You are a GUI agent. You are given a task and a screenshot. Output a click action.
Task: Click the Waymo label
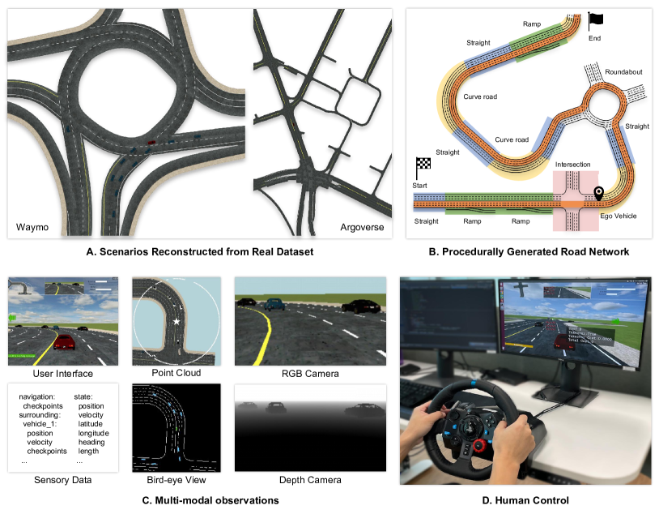point(32,228)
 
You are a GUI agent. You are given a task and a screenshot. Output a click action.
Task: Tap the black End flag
point(595,19)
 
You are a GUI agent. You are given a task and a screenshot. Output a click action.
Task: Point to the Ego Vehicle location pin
point(599,194)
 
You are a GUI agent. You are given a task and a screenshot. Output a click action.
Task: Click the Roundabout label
point(623,72)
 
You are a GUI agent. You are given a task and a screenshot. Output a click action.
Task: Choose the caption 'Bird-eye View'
point(175,480)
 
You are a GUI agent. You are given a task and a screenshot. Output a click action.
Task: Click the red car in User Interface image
point(66,341)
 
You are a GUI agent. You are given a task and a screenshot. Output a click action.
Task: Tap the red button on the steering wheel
point(480,445)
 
